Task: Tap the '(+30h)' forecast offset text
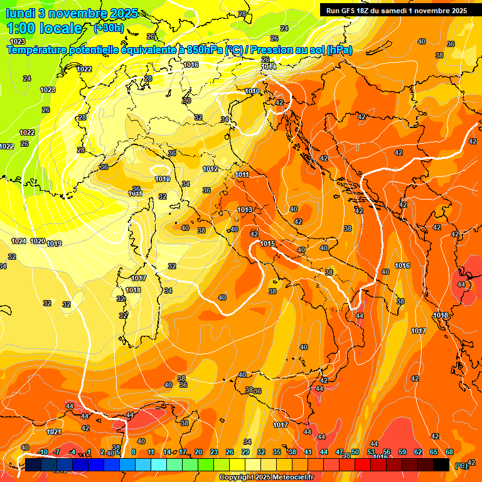pos(108,28)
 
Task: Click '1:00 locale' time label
pos(44,28)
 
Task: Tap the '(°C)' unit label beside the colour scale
pos(461,466)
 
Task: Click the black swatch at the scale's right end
pos(441,464)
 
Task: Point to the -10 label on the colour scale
pos(43,452)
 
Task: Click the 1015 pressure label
pos(267,244)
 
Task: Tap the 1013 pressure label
pos(245,210)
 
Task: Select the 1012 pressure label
pos(210,169)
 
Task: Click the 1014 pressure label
pos(269,67)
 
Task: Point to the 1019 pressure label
pos(54,244)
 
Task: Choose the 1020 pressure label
pos(38,242)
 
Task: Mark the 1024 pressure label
pos(18,242)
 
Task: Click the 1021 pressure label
pos(54,432)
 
